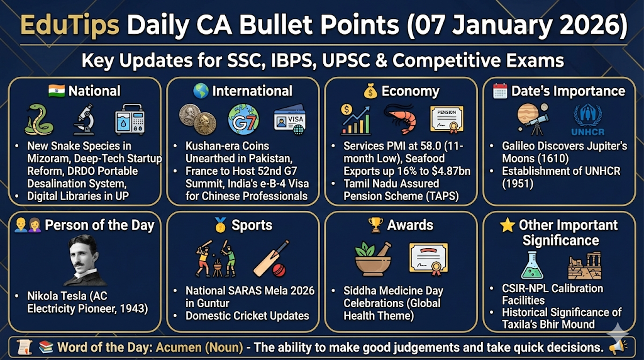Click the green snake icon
pos(38,119)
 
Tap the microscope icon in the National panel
pos(85,119)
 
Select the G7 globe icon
pos(243,119)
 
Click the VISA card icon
pos(290,119)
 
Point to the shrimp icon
pos(400,118)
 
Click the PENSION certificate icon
pos(447,120)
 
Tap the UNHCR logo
pos(588,120)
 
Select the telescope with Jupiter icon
pos(533,119)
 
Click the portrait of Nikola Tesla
pos(86,261)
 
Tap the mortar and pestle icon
pos(373,259)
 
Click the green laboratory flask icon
pos(532,266)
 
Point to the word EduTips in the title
pos(70,25)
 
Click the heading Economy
pos(410,91)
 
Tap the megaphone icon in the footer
pos(618,347)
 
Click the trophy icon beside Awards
pos(375,225)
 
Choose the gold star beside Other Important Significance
pos(508,225)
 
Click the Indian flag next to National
pos(56,91)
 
